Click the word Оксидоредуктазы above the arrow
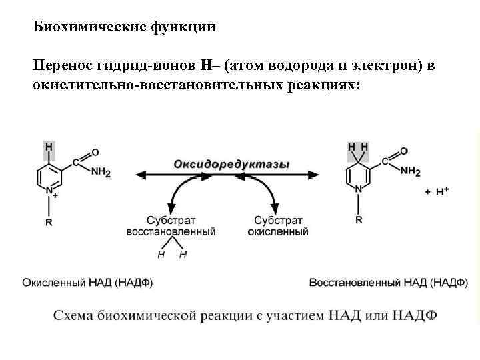tap(231, 164)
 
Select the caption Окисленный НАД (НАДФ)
tap(87, 283)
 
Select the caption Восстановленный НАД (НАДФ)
tap(389, 283)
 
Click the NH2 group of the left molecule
tap(101, 171)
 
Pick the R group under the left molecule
tap(49, 223)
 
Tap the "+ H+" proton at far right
tap(437, 191)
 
